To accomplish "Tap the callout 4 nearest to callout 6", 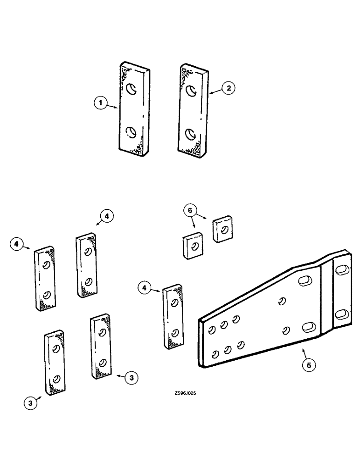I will coord(107,217).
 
